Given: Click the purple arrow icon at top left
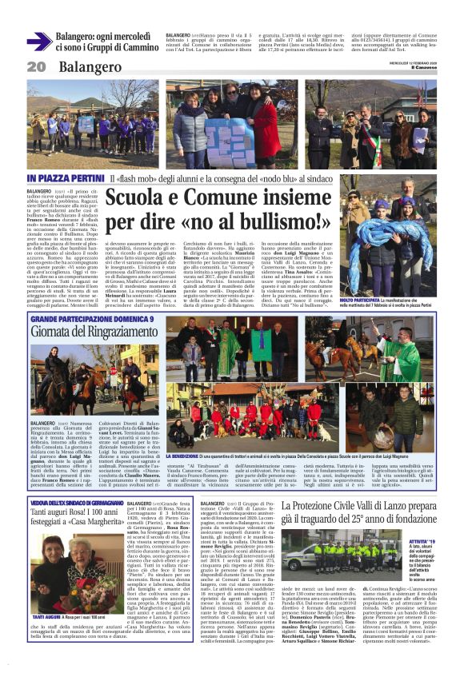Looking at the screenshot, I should click(39, 42).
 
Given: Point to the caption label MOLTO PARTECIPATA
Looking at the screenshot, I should click(362, 300).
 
